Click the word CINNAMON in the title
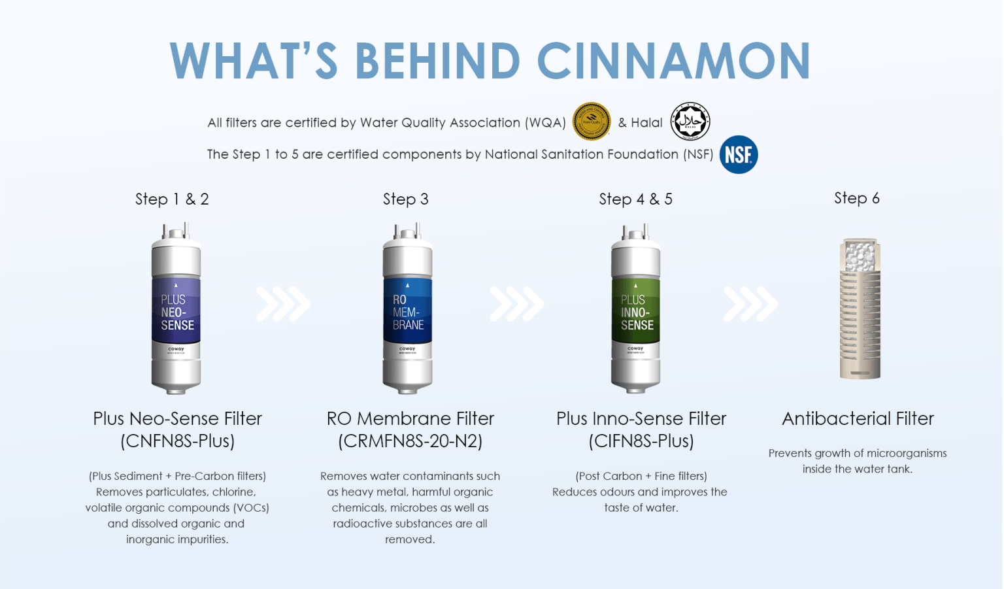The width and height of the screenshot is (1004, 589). click(673, 61)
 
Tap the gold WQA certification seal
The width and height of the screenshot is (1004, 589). click(592, 122)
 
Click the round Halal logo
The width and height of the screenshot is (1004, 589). click(690, 122)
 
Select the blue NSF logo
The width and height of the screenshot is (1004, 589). click(739, 155)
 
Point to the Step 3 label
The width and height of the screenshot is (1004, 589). click(406, 199)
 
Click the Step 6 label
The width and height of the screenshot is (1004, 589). click(857, 198)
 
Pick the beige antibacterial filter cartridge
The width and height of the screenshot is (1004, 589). click(860, 314)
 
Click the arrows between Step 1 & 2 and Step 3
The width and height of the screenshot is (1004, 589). click(283, 304)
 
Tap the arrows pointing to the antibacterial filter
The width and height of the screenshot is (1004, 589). click(750, 304)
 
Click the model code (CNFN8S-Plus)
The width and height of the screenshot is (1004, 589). click(177, 441)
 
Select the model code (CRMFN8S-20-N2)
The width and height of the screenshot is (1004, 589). click(410, 441)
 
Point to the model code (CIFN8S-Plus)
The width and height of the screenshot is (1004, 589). click(641, 441)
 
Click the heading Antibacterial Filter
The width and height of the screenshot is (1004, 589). click(858, 418)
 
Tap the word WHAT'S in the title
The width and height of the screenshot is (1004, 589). click(254, 61)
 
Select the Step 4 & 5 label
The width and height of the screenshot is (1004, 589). click(635, 199)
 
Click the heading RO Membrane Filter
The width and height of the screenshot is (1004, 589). click(410, 418)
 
